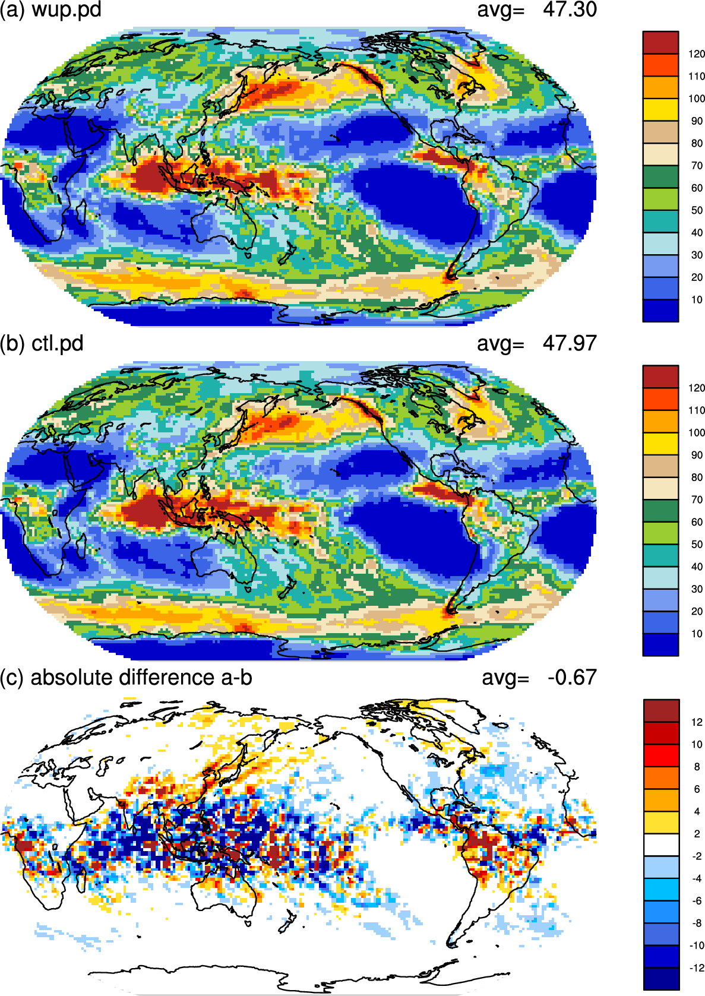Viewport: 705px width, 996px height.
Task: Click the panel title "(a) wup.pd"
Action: coord(50,10)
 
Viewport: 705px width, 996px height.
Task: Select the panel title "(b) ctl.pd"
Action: coord(42,343)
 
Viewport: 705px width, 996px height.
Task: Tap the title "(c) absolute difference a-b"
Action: coord(126,677)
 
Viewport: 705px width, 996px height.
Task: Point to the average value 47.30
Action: coord(570,10)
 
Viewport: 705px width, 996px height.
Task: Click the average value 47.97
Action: coord(570,343)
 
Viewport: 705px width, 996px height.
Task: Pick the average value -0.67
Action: coord(573,677)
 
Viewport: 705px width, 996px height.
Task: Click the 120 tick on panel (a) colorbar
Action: coord(697,54)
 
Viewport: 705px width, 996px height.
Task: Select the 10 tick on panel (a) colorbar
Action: coord(697,300)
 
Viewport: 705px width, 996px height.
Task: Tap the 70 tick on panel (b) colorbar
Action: coord(697,499)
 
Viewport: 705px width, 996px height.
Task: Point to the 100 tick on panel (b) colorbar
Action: coord(697,432)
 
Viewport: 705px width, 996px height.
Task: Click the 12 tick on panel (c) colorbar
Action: coord(697,722)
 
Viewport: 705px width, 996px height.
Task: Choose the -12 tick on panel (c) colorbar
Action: coord(695,967)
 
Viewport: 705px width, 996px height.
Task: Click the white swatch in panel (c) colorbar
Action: coord(662,845)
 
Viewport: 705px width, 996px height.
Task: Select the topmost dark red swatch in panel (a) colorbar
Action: coord(660,43)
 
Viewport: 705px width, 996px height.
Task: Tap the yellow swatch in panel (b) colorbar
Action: coord(660,444)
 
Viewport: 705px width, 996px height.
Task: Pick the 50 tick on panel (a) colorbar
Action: coord(697,210)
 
